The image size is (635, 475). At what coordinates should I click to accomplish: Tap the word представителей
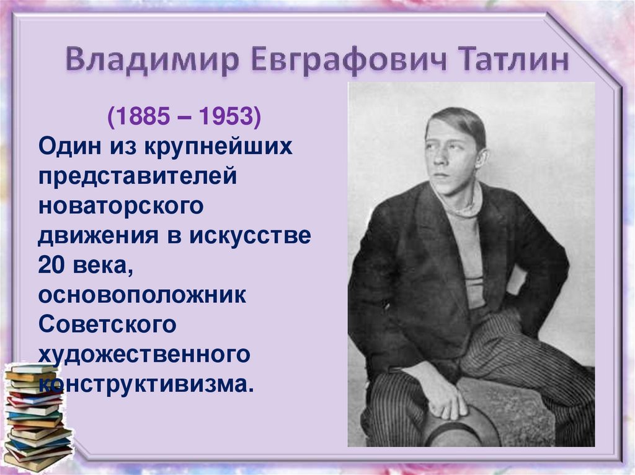[x=138, y=176]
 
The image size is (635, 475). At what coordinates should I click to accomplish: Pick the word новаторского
[x=121, y=206]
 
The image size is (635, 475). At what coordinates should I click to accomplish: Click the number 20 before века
[x=51, y=264]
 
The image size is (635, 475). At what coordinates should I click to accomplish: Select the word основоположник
[x=143, y=294]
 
